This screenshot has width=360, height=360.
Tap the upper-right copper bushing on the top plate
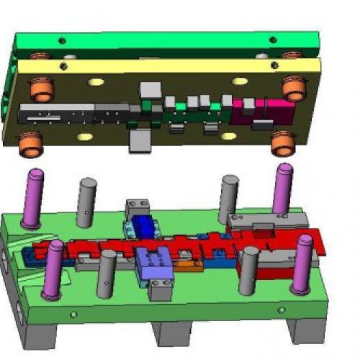(x=294, y=87)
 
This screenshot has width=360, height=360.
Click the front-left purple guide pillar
(x=52, y=269)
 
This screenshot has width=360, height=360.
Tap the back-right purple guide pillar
(x=282, y=189)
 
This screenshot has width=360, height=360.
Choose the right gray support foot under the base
(x=302, y=331)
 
